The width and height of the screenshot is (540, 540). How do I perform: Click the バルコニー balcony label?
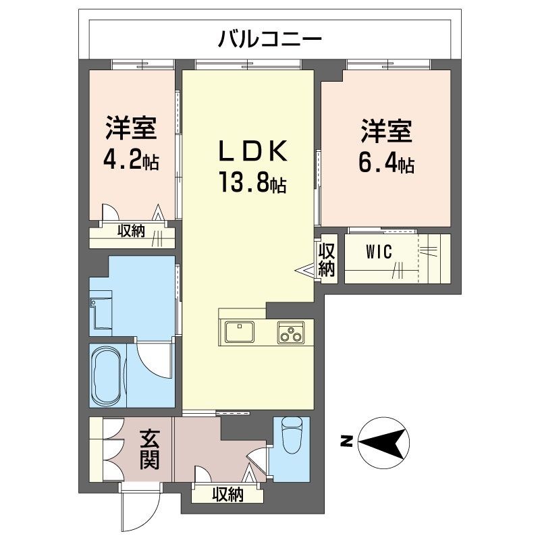click(269, 39)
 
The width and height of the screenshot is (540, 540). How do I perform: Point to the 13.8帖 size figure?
click(252, 182)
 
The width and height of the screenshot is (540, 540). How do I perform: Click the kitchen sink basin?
click(239, 332)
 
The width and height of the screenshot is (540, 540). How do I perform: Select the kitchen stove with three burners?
click(291, 332)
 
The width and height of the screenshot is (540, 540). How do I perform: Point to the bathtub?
click(109, 375)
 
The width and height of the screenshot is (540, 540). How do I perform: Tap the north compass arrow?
click(384, 442)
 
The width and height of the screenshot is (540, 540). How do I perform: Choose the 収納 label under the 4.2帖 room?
click(132, 232)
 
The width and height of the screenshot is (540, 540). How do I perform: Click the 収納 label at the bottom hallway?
click(227, 494)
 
